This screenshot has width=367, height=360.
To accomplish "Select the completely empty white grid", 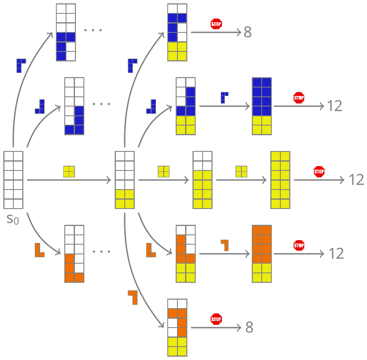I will point(13,180).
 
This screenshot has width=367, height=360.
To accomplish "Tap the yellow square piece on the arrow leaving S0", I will point(69,172).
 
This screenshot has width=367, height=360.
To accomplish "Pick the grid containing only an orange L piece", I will point(74,254).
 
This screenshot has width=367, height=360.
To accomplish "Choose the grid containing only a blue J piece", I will point(74,106).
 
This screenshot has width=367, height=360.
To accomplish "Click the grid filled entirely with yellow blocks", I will point(280,180).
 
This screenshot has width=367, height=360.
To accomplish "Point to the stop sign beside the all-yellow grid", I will point(319,172).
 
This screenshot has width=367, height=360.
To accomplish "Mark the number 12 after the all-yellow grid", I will point(356,180).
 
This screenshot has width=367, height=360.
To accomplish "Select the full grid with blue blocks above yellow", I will point(261,106).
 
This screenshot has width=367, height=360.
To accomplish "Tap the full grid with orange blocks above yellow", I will point(261,254).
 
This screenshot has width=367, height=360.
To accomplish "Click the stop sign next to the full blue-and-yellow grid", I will point(299,98).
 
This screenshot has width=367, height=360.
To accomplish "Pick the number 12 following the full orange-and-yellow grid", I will point(336,254).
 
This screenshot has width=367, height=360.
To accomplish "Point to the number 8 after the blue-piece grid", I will point(248,32).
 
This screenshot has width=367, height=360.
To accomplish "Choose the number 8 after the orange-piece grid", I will point(249,328).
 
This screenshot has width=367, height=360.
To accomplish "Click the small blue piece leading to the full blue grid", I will point(224,98).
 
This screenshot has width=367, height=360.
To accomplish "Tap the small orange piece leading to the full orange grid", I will point(225,245).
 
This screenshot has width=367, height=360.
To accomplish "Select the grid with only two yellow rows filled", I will point(124,180).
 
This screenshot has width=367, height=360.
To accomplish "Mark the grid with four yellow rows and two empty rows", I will point(203,180).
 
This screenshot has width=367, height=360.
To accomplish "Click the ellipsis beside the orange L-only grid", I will point(101,252).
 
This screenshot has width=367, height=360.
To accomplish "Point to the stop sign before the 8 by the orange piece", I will point(216,319).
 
